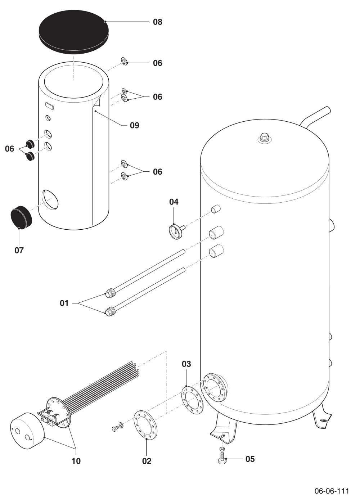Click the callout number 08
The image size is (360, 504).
[158, 22]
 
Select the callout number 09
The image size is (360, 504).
[135, 125]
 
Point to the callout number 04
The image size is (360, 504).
[174, 202]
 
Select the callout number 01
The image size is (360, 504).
[64, 303]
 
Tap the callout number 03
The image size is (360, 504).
[186, 364]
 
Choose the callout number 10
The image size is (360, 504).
[76, 461]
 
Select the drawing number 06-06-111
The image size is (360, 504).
[332, 490]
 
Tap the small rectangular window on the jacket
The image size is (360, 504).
[50, 106]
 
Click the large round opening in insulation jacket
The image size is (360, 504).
[50, 199]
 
